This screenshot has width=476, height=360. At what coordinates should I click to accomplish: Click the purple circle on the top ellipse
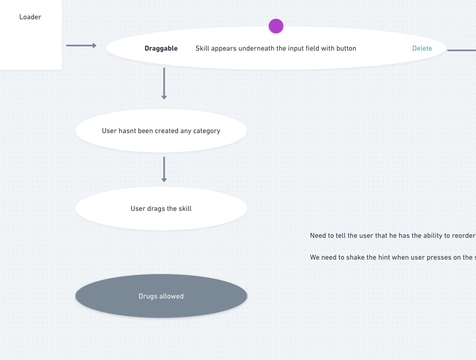(276, 26)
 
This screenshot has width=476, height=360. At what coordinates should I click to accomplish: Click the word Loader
(30, 17)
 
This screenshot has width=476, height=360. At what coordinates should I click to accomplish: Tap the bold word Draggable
(161, 48)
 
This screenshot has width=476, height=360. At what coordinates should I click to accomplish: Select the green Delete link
(422, 48)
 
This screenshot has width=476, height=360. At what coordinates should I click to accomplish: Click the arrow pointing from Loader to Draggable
(81, 45)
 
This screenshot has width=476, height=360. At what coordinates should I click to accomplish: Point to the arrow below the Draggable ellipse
(164, 84)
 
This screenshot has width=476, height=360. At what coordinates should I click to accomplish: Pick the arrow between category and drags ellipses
(164, 169)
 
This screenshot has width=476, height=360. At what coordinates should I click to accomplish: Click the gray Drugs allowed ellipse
(161, 296)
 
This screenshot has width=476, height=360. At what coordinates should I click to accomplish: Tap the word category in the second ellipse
(207, 131)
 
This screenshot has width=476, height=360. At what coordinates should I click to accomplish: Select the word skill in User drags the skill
(185, 208)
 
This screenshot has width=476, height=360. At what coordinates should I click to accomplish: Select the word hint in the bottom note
(384, 257)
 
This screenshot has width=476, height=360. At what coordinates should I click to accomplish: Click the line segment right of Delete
(461, 50)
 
